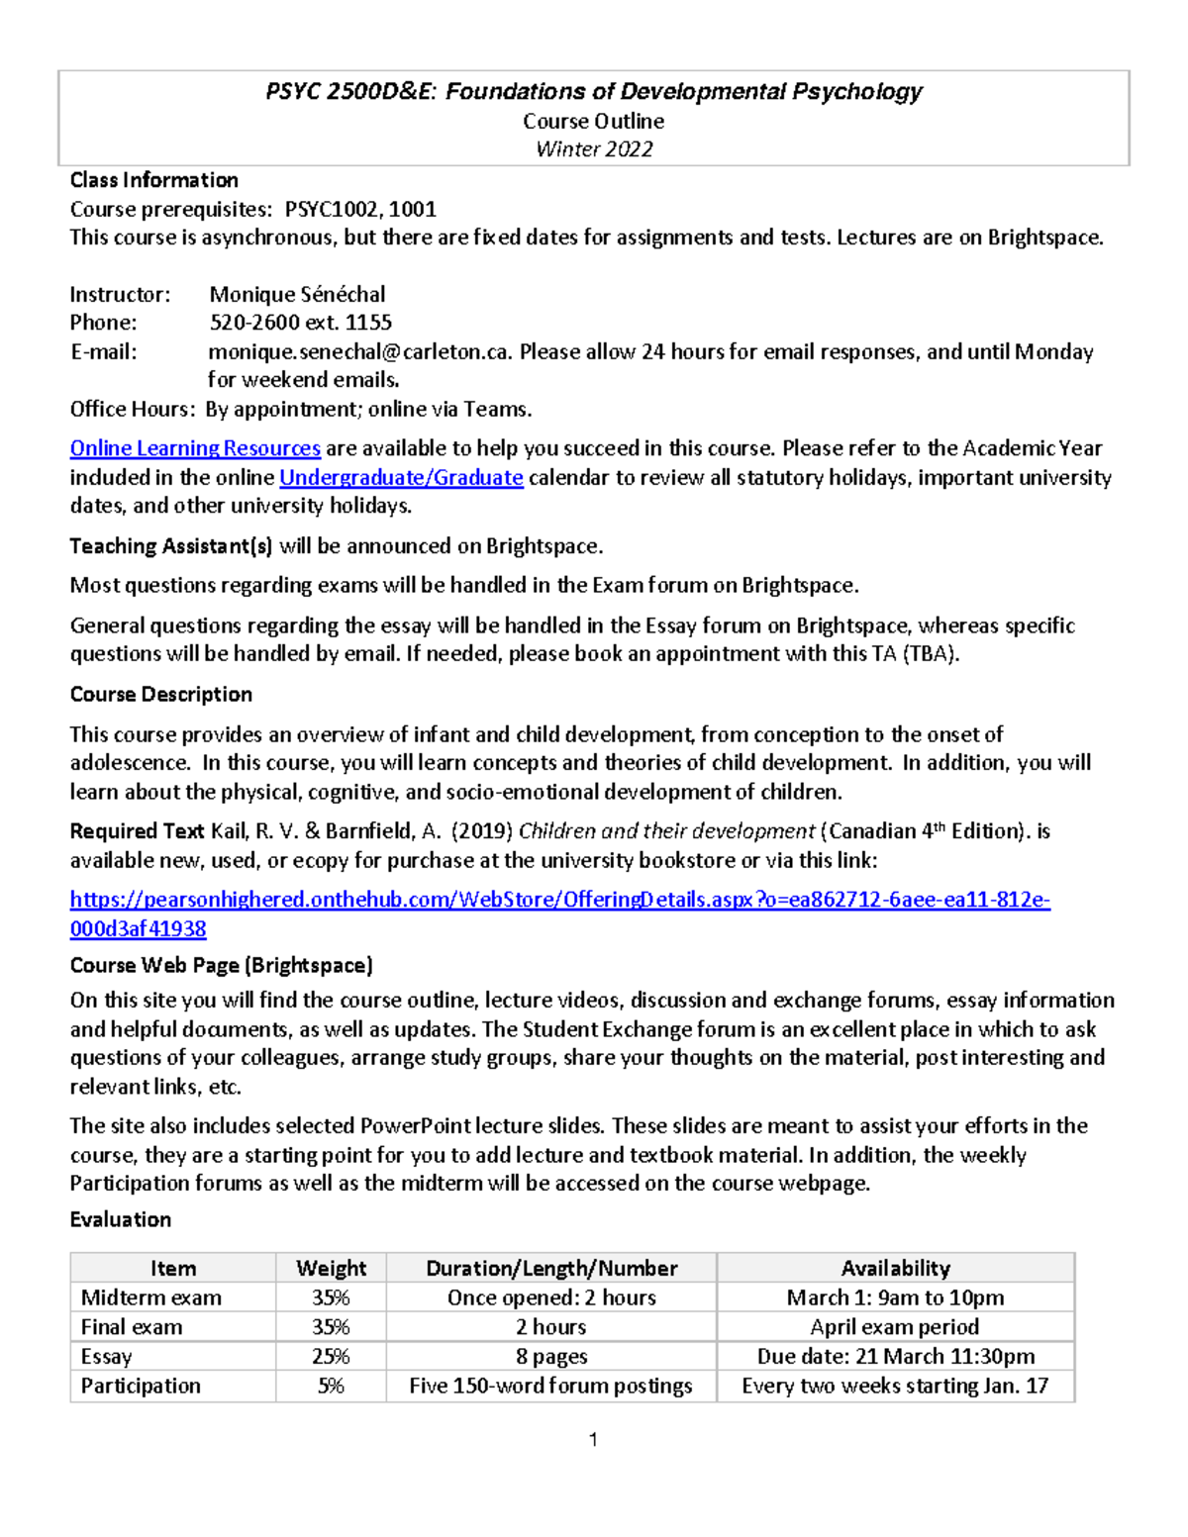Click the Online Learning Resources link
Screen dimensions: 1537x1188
[x=195, y=448]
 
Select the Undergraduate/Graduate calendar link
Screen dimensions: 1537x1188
[x=401, y=477]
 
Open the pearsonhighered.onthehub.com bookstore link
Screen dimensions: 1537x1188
[x=559, y=900]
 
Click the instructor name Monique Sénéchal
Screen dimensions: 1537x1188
[x=297, y=294]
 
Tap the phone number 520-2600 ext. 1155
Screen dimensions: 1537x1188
[x=300, y=323]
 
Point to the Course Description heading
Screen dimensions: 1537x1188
[x=160, y=694]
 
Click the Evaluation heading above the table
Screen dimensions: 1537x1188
[x=120, y=1219]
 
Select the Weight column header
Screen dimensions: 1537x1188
[x=331, y=1268]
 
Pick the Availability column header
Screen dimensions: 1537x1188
[x=895, y=1268]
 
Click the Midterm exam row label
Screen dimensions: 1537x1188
[x=151, y=1297]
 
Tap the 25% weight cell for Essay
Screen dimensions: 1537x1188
[x=331, y=1356]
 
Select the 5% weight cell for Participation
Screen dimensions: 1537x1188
[x=331, y=1386]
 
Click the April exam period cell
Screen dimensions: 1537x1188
[x=895, y=1326]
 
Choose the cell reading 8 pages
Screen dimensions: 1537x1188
[x=551, y=1356]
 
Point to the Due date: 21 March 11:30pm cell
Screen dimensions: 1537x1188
[x=895, y=1356]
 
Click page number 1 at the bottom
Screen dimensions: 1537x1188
[x=593, y=1440]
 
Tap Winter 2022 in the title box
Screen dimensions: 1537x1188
[x=594, y=149]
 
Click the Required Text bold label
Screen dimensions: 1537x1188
[x=137, y=831]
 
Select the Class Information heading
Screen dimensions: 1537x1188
[x=153, y=180]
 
